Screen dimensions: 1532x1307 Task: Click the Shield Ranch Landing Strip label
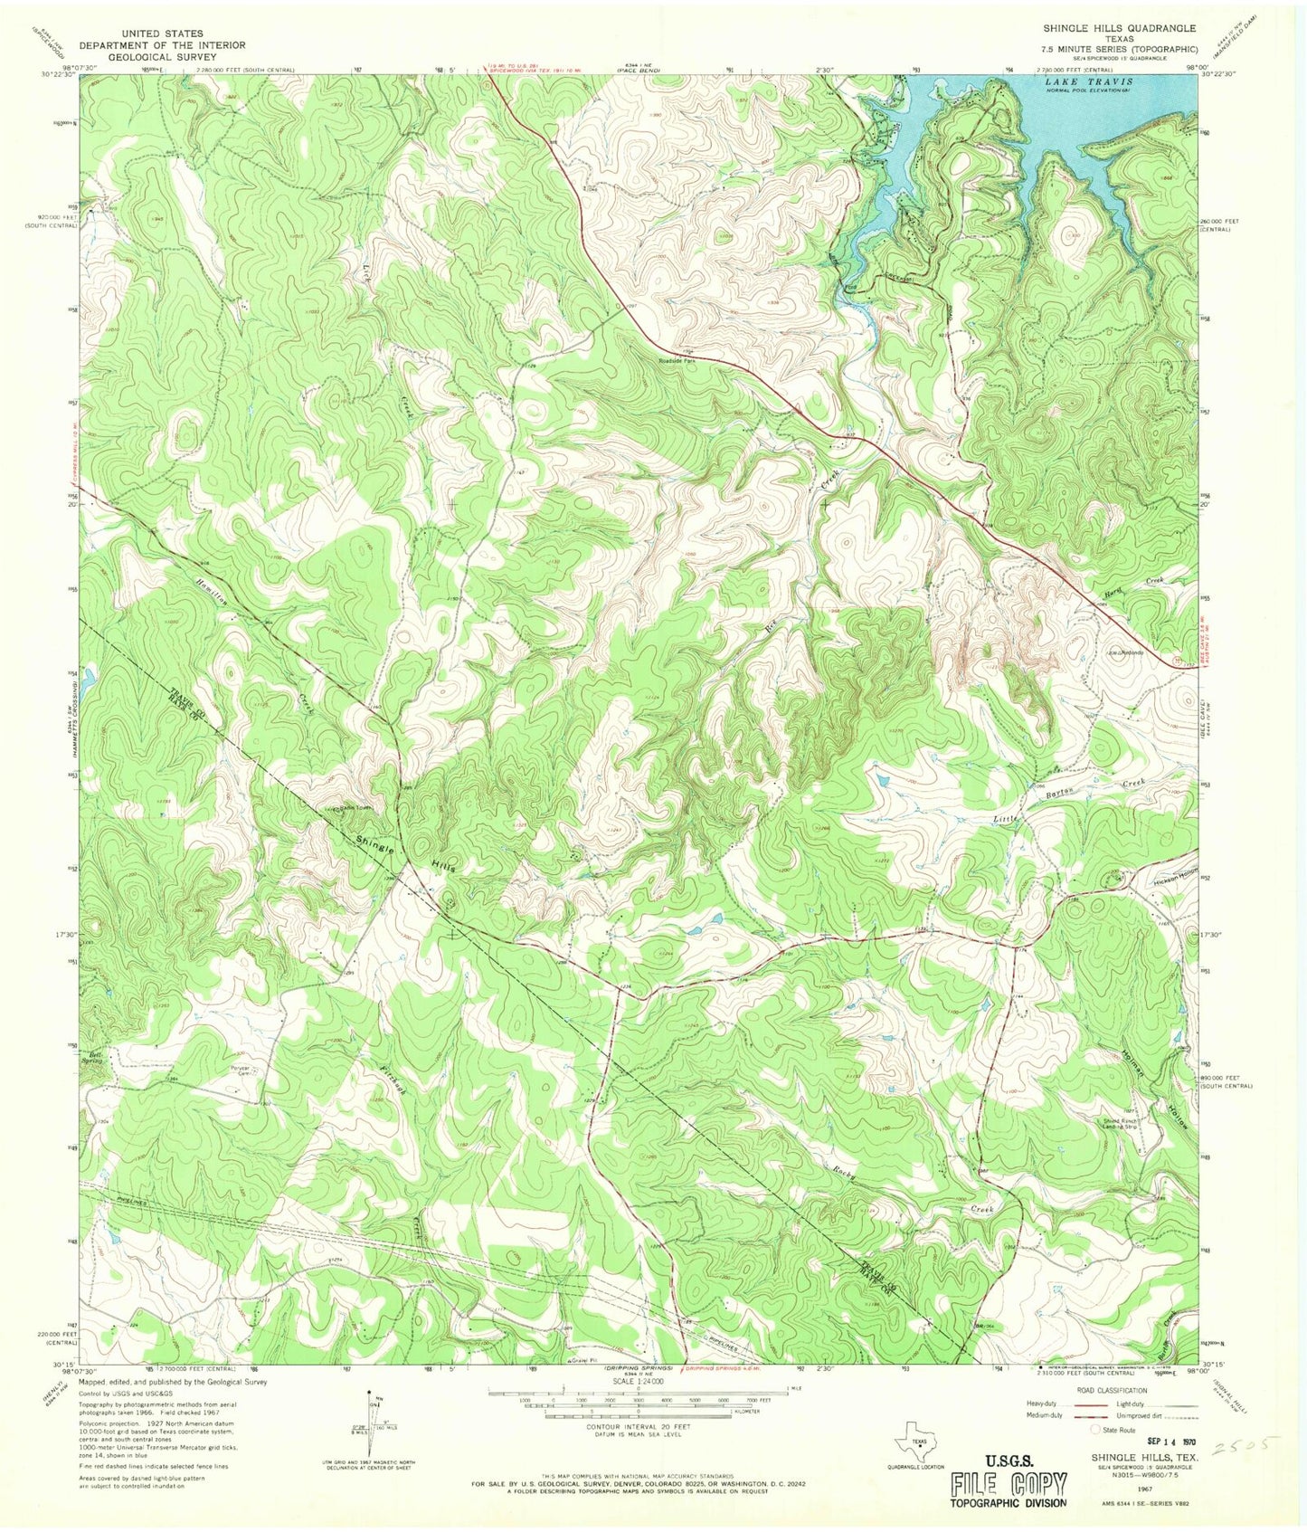pyautogui.click(x=1118, y=1124)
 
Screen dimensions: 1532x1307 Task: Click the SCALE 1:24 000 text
pyautogui.click(x=638, y=1381)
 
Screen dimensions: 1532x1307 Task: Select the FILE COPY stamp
pyautogui.click(x=1008, y=1484)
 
